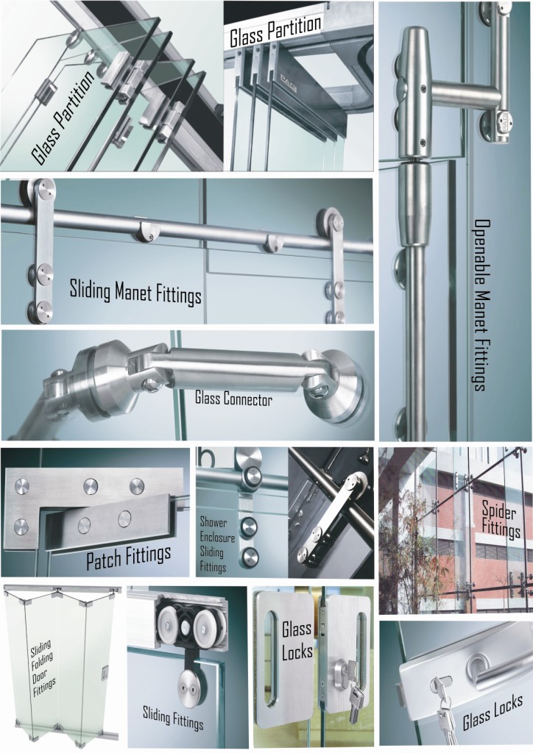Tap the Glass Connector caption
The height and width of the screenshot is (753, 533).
tap(233, 400)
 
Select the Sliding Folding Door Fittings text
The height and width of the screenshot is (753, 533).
tap(42, 670)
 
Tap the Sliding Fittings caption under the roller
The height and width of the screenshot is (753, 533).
tap(174, 718)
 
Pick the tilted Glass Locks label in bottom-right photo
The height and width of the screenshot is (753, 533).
tap(493, 712)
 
